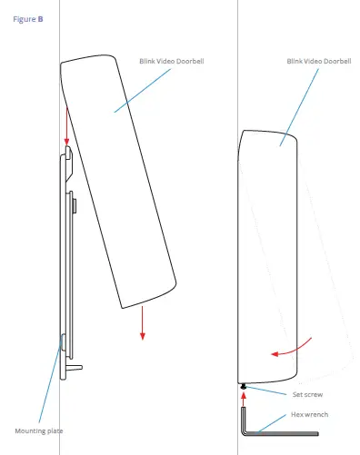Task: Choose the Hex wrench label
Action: point(308,414)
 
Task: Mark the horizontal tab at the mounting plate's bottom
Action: point(76,368)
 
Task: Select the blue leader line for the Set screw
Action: point(267,391)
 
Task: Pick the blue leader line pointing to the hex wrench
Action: point(273,422)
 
